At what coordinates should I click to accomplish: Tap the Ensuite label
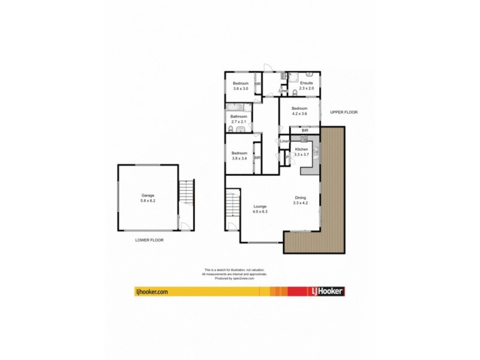[307, 83]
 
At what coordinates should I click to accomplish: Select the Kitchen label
[302, 149]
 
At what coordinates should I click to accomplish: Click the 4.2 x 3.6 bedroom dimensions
[299, 113]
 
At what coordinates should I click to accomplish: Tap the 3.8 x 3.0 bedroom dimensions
[241, 88]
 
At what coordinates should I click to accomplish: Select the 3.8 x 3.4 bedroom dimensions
[239, 158]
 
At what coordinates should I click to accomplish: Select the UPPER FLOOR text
[343, 112]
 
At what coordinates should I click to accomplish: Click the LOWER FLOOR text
[149, 239]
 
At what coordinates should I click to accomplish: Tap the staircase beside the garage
[187, 200]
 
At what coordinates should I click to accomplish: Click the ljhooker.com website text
[151, 291]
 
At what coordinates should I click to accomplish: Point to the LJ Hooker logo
[327, 291]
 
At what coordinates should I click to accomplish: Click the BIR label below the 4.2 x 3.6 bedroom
[305, 130]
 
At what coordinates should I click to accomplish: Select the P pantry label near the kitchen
[287, 157]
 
